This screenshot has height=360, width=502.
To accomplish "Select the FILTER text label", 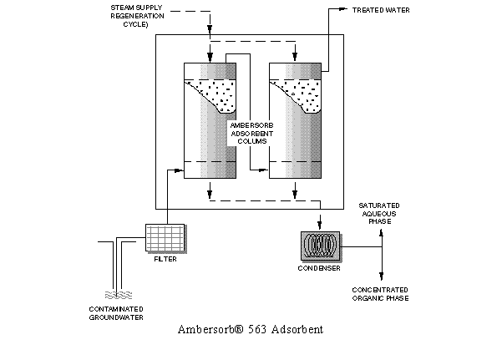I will coord(165,260).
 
